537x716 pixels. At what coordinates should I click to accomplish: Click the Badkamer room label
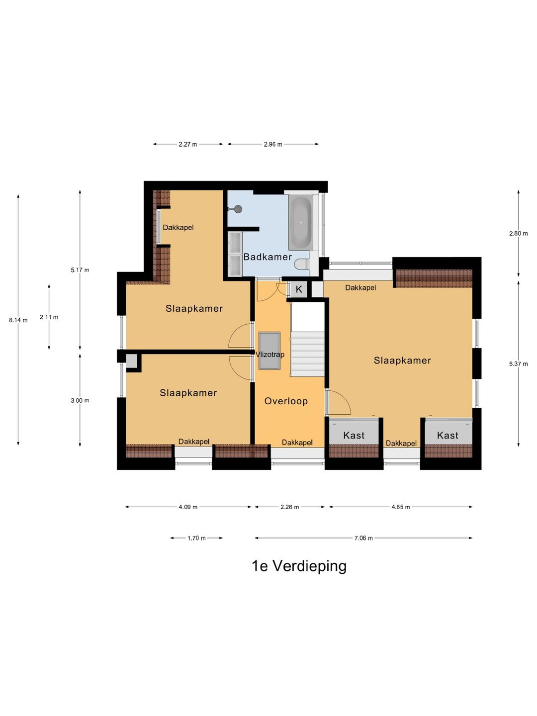click(x=268, y=257)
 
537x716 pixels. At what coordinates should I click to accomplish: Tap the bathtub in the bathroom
click(x=301, y=223)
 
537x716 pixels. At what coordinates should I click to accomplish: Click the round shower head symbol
click(x=238, y=209)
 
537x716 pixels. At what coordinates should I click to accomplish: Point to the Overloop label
click(x=286, y=401)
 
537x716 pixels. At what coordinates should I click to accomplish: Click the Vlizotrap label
click(x=270, y=355)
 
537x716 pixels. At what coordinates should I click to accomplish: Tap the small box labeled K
click(x=299, y=289)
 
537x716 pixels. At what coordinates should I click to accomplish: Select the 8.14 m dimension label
click(x=18, y=320)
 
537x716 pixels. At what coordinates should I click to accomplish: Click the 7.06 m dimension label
click(x=363, y=538)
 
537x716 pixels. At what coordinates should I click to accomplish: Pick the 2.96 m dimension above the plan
click(x=273, y=144)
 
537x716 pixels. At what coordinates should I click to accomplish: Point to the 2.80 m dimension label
click(x=519, y=234)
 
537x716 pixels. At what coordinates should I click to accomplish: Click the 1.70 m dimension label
click(x=196, y=538)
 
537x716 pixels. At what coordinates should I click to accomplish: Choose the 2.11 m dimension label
click(x=49, y=317)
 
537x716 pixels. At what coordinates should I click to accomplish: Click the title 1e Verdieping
click(x=299, y=566)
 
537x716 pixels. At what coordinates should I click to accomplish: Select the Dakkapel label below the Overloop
click(x=297, y=443)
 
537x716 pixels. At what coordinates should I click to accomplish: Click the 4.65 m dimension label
click(x=401, y=507)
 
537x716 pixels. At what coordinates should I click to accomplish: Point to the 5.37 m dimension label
click(x=519, y=364)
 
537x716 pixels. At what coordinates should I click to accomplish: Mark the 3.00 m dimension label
click(x=80, y=401)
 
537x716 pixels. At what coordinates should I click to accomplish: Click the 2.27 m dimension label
click(x=188, y=144)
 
